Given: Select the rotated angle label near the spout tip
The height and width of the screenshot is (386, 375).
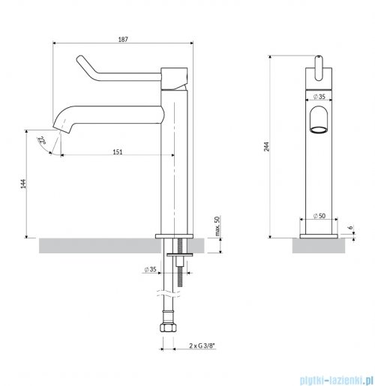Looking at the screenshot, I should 43,139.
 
